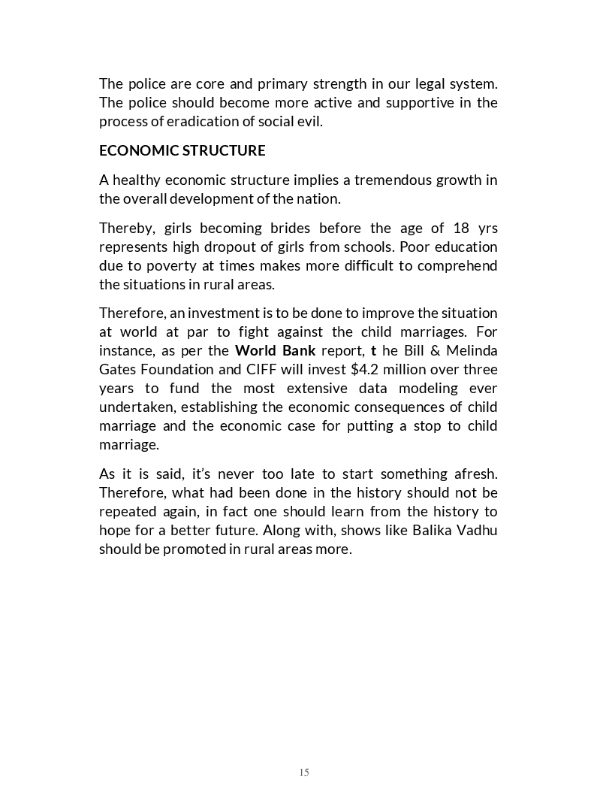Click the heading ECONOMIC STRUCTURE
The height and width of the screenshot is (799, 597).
click(x=182, y=150)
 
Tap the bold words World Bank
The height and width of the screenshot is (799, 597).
click(x=275, y=350)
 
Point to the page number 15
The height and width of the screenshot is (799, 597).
click(x=303, y=772)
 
